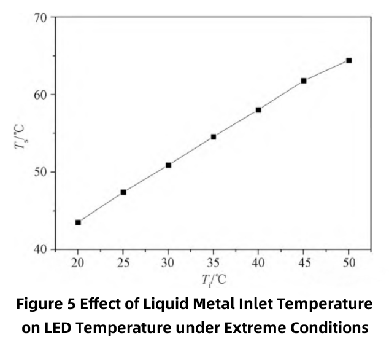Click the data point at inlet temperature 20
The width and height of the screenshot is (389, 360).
pyautogui.click(x=78, y=222)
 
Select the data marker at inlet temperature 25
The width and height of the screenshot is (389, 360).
pyautogui.click(x=123, y=192)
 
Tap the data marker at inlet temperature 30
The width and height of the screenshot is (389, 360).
pyautogui.click(x=168, y=165)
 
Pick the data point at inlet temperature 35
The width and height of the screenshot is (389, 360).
pyautogui.click(x=214, y=136)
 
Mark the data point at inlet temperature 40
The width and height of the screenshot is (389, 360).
pyautogui.click(x=258, y=110)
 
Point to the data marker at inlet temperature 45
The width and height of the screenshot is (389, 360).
pyautogui.click(x=304, y=80)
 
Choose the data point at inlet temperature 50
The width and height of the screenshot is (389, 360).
pyautogui.click(x=349, y=60)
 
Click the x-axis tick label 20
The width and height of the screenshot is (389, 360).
pyautogui.click(x=78, y=263)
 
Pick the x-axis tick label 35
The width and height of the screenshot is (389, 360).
pyautogui.click(x=214, y=263)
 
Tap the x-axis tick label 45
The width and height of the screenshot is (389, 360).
pyautogui.click(x=304, y=263)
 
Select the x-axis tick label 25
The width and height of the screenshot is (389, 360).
pyautogui.click(x=123, y=263)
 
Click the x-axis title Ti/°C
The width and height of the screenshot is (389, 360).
pyautogui.click(x=214, y=280)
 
